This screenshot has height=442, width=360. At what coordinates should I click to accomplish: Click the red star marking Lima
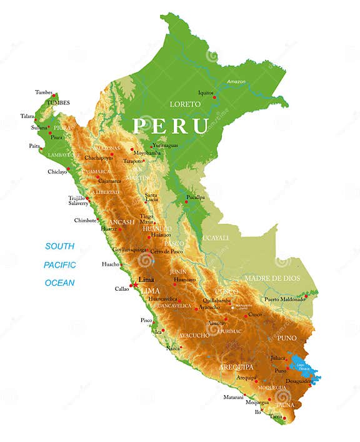point(134,285)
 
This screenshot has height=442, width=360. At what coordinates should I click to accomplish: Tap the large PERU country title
point(170,126)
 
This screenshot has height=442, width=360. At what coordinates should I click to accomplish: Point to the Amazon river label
point(236,82)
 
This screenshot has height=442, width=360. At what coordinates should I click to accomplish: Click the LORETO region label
point(185,104)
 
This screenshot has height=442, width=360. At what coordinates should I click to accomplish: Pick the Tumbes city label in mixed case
point(44,93)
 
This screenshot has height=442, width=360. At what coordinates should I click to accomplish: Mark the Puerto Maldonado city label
point(284,299)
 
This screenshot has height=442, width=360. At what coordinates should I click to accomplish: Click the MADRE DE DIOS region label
point(272,278)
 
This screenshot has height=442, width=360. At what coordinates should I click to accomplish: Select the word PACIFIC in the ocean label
point(60,264)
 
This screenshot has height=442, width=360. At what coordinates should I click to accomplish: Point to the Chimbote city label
point(85,220)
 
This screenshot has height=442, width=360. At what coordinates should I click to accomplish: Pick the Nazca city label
point(173,348)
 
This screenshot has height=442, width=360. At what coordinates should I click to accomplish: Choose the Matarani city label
point(233,397)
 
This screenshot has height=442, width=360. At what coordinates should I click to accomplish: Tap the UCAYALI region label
point(216,238)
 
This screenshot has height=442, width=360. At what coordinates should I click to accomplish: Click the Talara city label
point(27,116)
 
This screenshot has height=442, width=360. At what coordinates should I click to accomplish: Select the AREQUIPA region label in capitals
point(236,367)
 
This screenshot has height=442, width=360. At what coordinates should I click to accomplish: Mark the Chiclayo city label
point(57,172)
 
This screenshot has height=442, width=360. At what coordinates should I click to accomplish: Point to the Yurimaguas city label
point(165,145)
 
